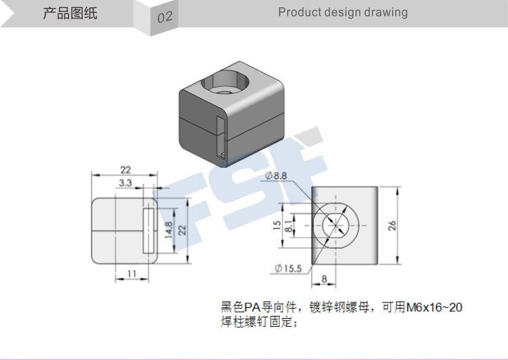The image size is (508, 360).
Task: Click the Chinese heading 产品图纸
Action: (70, 14)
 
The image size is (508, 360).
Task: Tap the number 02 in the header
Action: (165, 18)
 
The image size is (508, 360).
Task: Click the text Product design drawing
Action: (343, 12)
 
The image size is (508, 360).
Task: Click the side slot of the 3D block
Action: (221, 136)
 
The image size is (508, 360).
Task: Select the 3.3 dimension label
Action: (125, 183)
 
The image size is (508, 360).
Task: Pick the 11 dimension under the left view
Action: (131, 274)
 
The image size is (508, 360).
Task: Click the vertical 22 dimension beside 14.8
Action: (182, 230)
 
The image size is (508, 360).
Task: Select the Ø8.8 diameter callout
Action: (276, 176)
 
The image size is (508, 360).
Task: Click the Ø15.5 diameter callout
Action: (288, 269)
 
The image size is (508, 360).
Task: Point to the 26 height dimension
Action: (392, 225)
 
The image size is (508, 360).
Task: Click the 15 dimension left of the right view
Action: (276, 225)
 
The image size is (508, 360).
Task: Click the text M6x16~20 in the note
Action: (434, 307)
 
